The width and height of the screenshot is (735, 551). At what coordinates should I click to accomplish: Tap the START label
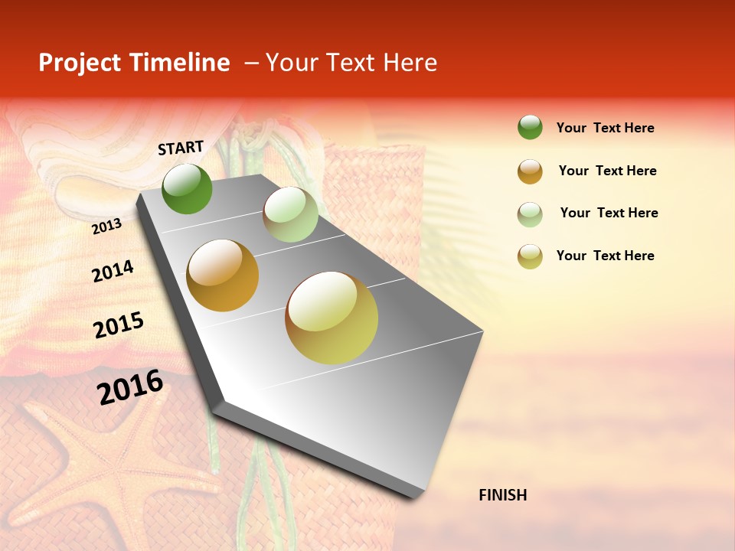pos(181,148)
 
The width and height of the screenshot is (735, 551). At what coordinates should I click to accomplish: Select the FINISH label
pos(503,495)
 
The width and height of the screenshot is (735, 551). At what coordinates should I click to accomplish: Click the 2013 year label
pos(106,226)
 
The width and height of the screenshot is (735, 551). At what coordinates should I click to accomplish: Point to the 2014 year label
pos(113,271)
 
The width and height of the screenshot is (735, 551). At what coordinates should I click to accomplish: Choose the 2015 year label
pos(119,325)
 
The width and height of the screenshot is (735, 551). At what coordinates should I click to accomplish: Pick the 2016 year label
pos(130,387)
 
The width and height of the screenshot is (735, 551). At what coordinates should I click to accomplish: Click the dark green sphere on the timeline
pos(187,188)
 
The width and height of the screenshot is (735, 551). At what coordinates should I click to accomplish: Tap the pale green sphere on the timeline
pos(290,214)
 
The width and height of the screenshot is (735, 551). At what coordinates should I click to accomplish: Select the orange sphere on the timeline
pos(223,275)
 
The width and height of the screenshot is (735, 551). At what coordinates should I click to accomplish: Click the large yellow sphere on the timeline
pos(332,318)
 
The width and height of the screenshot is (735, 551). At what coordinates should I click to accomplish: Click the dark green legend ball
pos(530,127)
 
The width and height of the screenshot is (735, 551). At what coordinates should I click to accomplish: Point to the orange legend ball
pos(530,171)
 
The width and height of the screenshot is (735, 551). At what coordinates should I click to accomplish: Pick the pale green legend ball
pos(530,214)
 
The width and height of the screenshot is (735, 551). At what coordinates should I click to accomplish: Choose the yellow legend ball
pos(530,256)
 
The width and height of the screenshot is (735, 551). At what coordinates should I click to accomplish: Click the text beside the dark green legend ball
pos(605,128)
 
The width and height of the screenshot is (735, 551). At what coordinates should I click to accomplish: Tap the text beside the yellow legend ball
pos(605,256)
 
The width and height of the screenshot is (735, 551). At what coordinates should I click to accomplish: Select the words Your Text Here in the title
pos(351,63)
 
